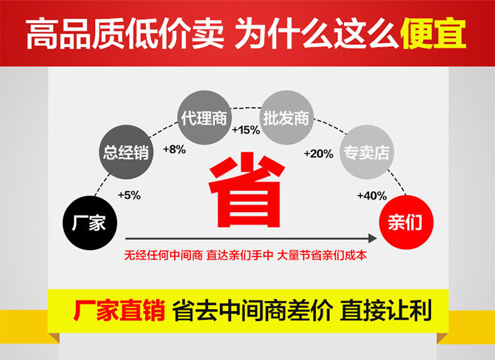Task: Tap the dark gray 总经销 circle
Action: click(x=126, y=153)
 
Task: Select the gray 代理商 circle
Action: click(x=204, y=119)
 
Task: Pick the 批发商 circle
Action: click(x=285, y=119)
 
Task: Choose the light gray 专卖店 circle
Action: click(x=365, y=153)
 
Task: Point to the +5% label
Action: click(x=129, y=195)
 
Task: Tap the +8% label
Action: click(x=174, y=149)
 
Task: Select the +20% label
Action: click(x=318, y=153)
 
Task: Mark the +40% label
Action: click(x=372, y=196)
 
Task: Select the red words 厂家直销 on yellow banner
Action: click(x=119, y=311)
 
